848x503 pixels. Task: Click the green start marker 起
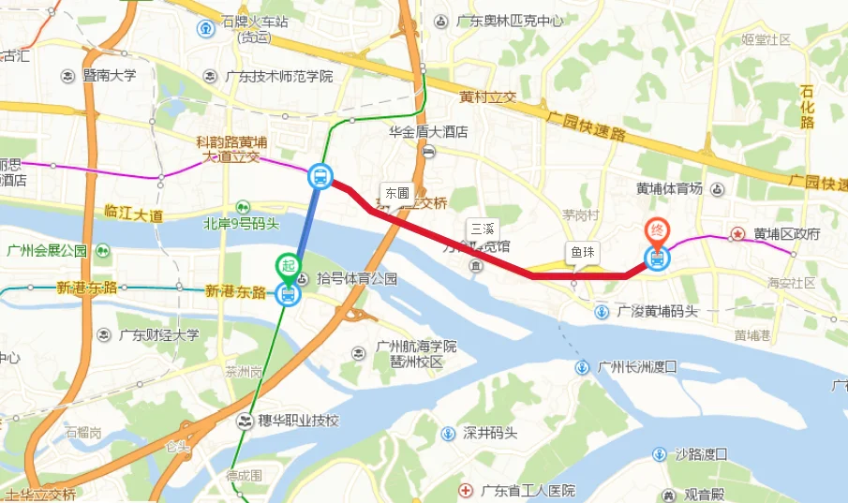coord(288,266)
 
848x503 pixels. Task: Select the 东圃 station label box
coord(396,192)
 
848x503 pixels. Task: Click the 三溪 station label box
coord(482,228)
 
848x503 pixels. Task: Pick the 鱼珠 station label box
coord(581,252)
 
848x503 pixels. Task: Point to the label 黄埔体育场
coord(669,188)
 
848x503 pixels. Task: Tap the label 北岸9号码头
coord(242,224)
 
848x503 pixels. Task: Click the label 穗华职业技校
coord(298,420)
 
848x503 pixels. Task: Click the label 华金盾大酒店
coord(428,132)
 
